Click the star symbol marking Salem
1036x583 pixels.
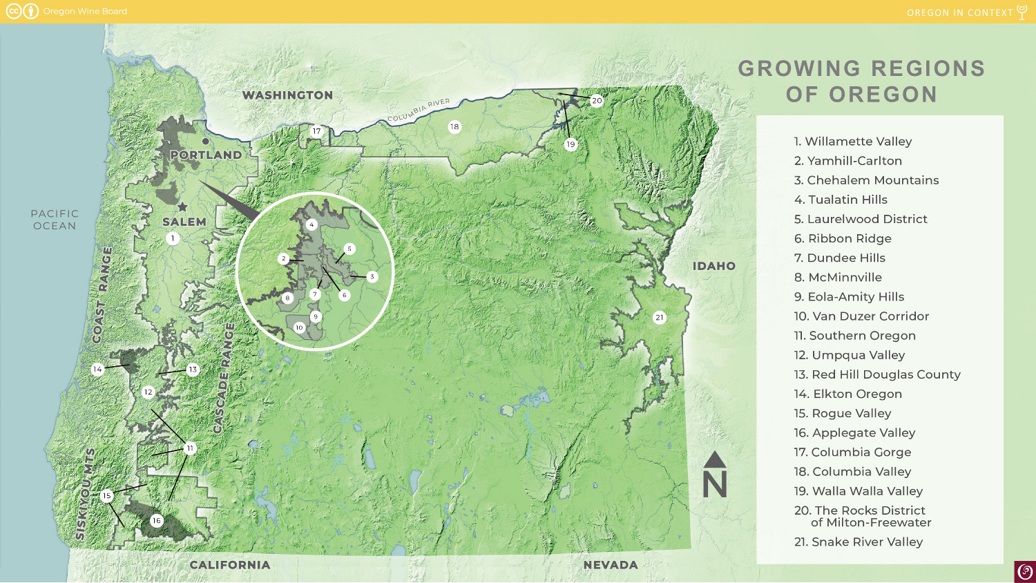click(x=182, y=207)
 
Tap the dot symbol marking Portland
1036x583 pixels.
click(x=205, y=142)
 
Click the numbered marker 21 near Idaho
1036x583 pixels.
click(x=660, y=318)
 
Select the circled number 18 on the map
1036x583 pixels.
click(x=454, y=126)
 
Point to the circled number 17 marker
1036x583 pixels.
click(x=316, y=131)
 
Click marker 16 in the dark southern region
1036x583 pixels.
click(x=157, y=521)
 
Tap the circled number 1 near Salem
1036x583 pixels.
click(x=173, y=238)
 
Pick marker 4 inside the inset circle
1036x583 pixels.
click(x=311, y=224)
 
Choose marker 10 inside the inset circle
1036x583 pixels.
click(x=299, y=327)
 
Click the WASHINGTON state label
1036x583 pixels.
click(x=287, y=95)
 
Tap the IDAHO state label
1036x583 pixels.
click(x=713, y=266)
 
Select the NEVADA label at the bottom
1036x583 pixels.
click(x=610, y=565)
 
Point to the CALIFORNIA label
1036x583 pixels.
click(x=229, y=565)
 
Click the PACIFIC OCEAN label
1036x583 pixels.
click(x=55, y=220)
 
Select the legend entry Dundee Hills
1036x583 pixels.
click(x=839, y=258)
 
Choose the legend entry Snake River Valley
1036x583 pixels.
click(x=858, y=542)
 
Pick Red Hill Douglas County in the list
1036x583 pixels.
click(x=877, y=374)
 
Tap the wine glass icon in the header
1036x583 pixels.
click(x=1022, y=12)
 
